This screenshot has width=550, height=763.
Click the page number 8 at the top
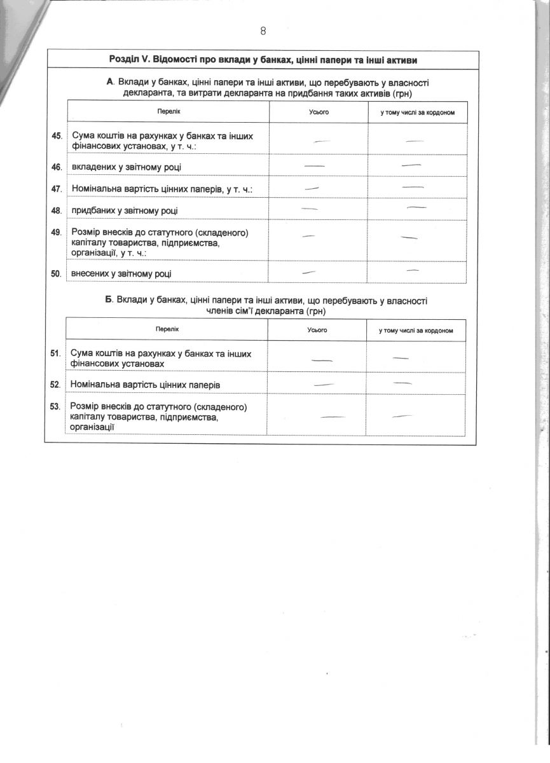pos(263,31)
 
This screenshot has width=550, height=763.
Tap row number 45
pos(56,136)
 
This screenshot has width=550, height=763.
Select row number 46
pos(56,167)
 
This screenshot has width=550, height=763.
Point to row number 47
pos(56,189)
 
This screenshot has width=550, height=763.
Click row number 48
pos(56,210)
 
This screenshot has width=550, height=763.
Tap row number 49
pos(56,232)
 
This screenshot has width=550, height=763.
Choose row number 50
pos(56,273)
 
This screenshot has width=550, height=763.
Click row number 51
pos(55,353)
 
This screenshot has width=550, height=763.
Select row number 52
pos(55,385)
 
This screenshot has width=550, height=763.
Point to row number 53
pos(55,406)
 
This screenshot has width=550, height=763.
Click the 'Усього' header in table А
pos(318,113)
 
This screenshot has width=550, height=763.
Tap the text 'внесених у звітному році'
pos(121,274)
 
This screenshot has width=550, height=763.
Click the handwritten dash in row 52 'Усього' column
pos(324,384)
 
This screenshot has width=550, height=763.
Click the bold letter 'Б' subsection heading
pos(109,299)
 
